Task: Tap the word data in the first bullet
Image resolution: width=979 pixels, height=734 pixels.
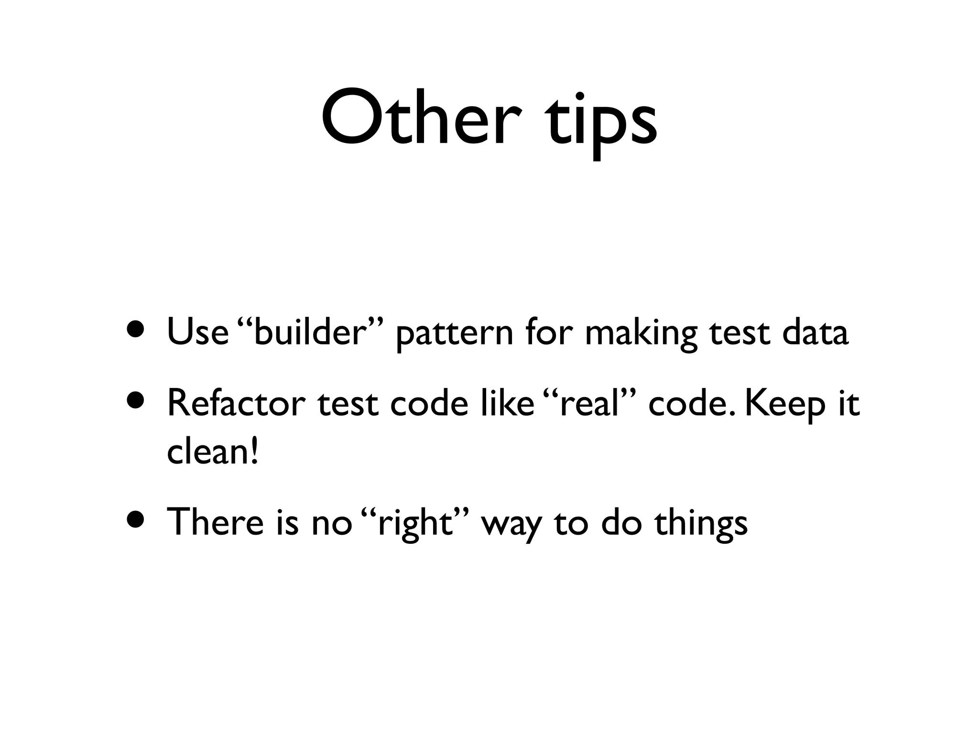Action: click(x=815, y=332)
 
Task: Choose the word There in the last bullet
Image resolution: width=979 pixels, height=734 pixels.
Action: click(x=215, y=521)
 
